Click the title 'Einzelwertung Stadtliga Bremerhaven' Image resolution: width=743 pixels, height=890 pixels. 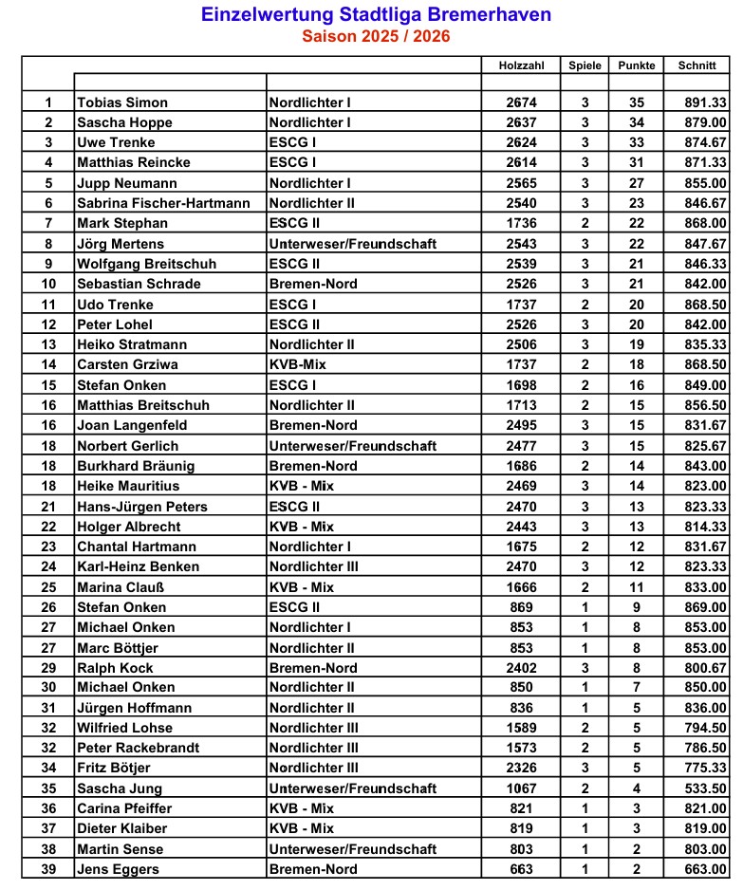pos(376,15)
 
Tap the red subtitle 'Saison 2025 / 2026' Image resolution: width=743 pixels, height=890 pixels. pos(376,37)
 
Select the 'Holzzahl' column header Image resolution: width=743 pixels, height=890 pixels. pos(521,65)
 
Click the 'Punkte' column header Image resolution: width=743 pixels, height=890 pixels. pos(636,65)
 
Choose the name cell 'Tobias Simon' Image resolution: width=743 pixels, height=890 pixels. pos(122,102)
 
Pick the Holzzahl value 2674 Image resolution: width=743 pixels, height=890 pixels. pos(521,102)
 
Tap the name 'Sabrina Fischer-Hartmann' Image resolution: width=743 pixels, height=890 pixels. pos(163,203)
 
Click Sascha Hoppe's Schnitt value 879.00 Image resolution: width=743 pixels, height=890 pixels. pos(705,122)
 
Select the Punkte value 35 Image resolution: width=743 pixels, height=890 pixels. pos(636,102)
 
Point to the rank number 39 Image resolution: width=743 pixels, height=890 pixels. pos(48,869)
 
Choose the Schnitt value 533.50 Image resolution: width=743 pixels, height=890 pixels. pos(705,788)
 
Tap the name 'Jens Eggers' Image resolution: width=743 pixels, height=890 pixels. pos(118,869)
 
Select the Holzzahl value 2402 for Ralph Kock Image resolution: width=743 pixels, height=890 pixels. pos(521,668)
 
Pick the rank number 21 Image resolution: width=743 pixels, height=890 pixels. pos(48,507)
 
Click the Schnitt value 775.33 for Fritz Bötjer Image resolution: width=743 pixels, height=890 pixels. pos(705,768)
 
